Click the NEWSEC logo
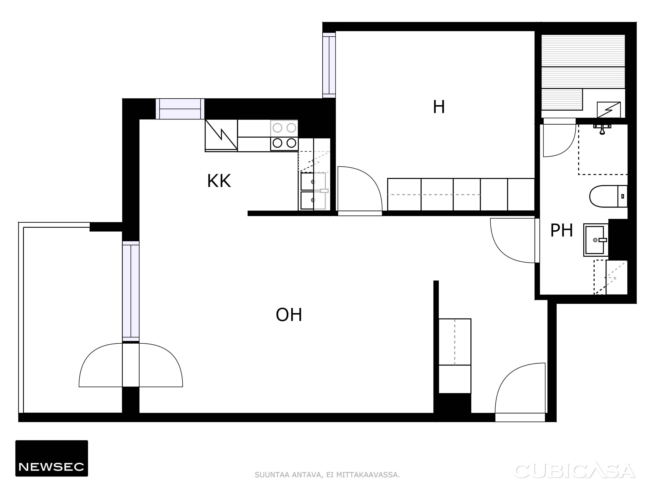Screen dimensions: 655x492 coord(52,458)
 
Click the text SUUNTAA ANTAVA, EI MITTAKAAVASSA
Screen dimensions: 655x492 coord(327,475)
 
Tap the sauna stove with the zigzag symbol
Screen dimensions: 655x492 coord(608,110)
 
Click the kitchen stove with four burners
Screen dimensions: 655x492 coord(284,135)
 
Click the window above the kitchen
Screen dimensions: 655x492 coord(180,109)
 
